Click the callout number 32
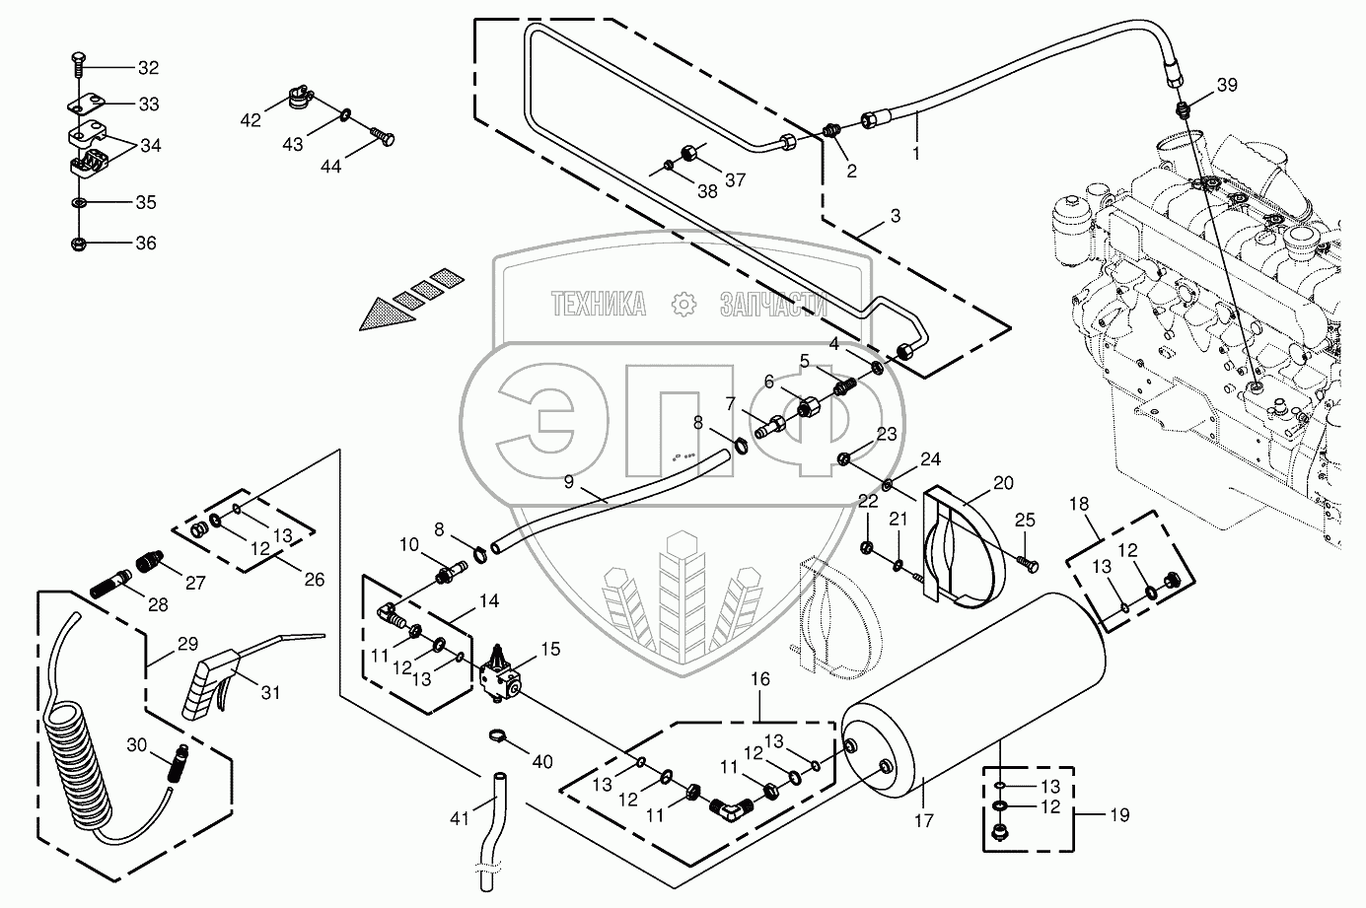[x=147, y=68]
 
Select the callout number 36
[x=145, y=244]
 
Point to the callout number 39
[x=1226, y=85]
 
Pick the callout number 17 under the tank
[x=923, y=819]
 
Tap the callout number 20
[x=1003, y=483]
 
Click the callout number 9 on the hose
[x=568, y=482]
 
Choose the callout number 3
[x=895, y=215]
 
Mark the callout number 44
[x=330, y=167]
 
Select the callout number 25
[x=1026, y=521]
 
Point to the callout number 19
[x=1118, y=815]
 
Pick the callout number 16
[x=761, y=679]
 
